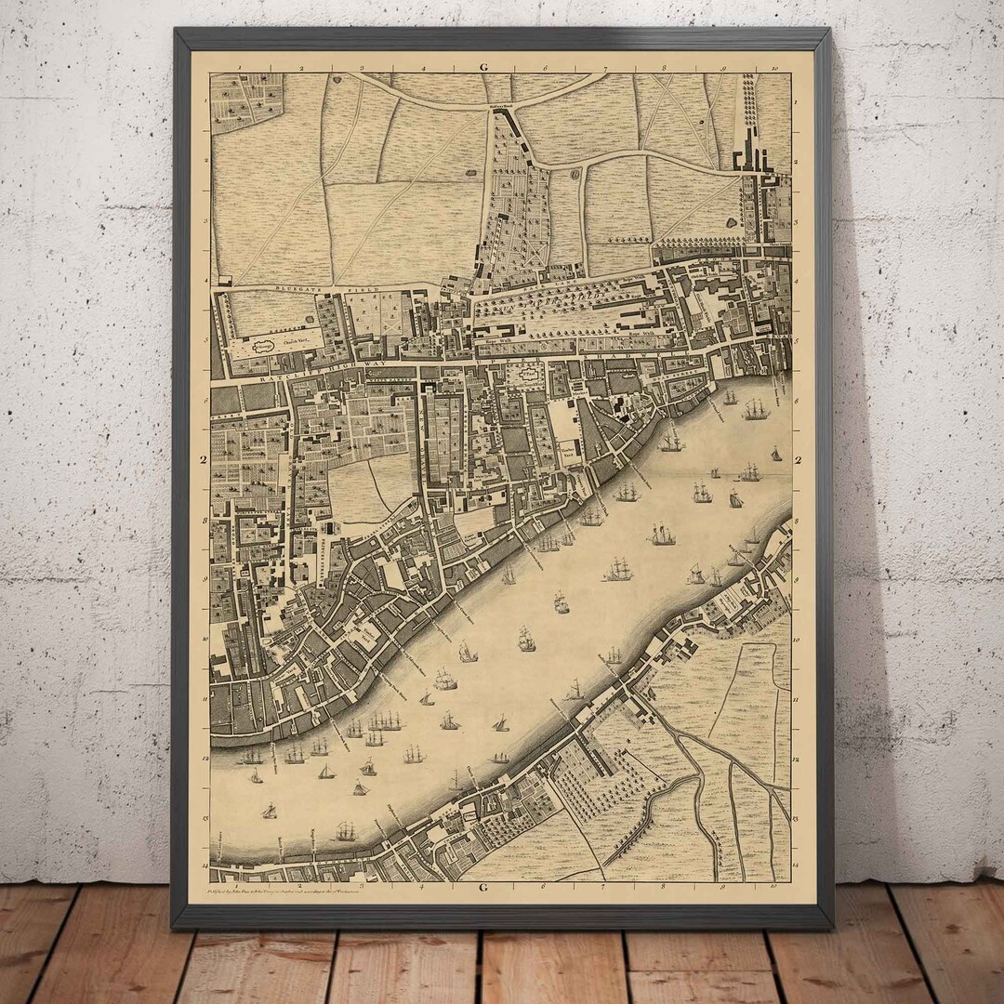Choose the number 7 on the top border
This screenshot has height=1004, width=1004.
[604, 68]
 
